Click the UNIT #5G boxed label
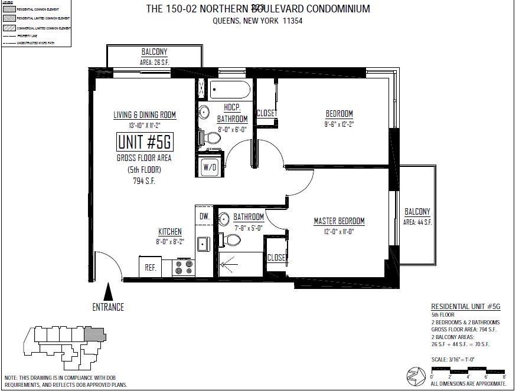pos(145,142)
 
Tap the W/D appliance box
pos(210,167)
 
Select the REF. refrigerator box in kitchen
pos(151,267)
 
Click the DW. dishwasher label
pos(204,216)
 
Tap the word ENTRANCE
pos(108,307)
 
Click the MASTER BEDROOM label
pos(339,221)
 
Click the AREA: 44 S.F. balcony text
pos(417,222)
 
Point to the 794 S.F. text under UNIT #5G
pos(145,181)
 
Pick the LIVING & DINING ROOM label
pos(145,115)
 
